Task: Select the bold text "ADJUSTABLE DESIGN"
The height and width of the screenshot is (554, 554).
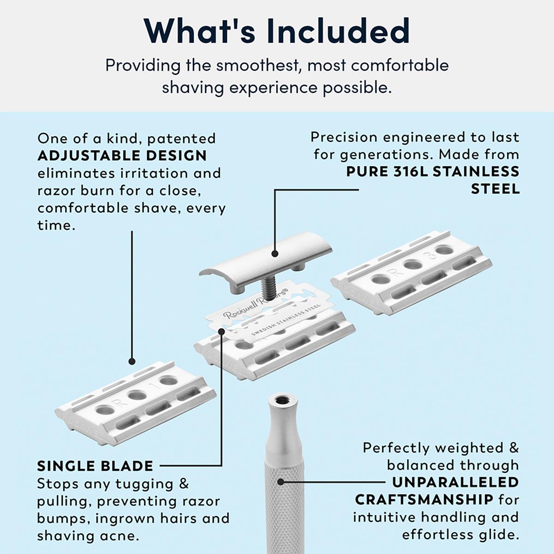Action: (x=122, y=156)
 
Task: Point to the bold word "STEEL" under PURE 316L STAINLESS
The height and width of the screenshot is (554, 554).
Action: (x=495, y=189)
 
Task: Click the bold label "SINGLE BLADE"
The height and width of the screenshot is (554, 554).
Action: (x=95, y=466)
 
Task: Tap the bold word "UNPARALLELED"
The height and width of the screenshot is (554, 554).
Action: (x=455, y=482)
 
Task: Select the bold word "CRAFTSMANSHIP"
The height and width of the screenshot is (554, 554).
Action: (x=424, y=500)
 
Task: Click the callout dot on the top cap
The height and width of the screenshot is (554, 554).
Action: (x=275, y=253)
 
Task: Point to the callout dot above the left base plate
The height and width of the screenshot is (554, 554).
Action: (x=132, y=361)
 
